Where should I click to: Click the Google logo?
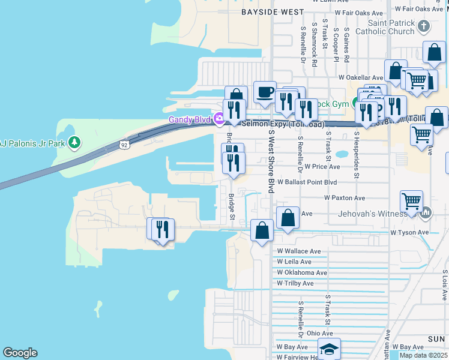(x=20, y=353)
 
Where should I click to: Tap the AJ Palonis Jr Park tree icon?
(x=74, y=142)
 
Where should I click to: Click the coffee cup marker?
(x=265, y=92)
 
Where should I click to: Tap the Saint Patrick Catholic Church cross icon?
(x=424, y=26)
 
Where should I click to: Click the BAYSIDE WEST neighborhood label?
(x=264, y=11)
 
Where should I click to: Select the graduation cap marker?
(x=329, y=349)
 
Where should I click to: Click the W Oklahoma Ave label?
(x=301, y=272)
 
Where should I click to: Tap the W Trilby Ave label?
(x=295, y=283)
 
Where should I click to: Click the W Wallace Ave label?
(x=298, y=251)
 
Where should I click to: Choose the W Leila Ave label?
(x=294, y=262)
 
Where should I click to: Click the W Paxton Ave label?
(x=344, y=197)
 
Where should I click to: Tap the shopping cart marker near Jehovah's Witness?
(x=412, y=202)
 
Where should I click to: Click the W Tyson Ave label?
(x=409, y=232)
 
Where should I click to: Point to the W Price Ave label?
(x=322, y=167)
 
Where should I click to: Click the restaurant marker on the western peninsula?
(x=161, y=229)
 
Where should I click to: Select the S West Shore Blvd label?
(x=271, y=161)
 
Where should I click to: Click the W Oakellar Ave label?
(x=360, y=77)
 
